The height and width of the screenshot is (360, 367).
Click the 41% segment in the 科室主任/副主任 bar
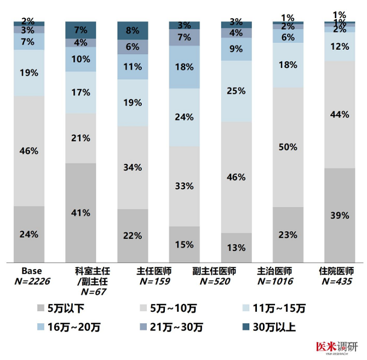(x=81, y=213)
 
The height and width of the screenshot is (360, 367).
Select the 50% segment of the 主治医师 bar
(x=288, y=147)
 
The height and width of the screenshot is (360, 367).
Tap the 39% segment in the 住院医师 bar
(x=340, y=215)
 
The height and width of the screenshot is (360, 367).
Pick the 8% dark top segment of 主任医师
(x=133, y=31)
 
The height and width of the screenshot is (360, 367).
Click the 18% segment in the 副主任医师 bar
(x=185, y=67)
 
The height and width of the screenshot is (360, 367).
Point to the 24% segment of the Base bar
(x=28, y=234)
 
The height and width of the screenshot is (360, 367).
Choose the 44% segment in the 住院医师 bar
(x=340, y=114)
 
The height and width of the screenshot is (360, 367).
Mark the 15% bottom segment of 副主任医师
(x=185, y=244)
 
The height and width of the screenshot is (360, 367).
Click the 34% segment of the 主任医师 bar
(x=133, y=167)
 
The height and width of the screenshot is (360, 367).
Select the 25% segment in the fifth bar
(x=236, y=91)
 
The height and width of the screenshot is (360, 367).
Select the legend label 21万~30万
(x=170, y=327)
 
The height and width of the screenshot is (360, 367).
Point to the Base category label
(x=31, y=271)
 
